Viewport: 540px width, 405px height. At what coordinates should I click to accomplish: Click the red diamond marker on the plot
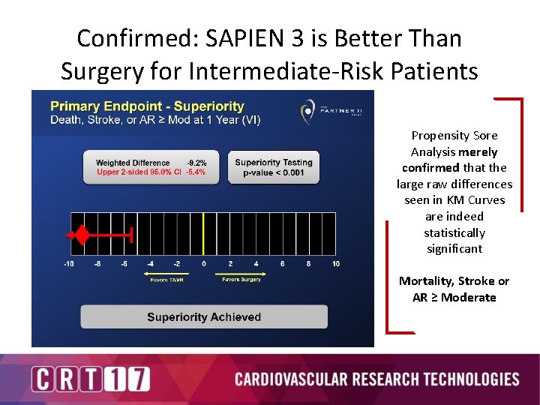[81, 235]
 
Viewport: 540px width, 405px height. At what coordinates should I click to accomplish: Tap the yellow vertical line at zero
[203, 235]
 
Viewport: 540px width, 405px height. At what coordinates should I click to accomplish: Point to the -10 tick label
[70, 264]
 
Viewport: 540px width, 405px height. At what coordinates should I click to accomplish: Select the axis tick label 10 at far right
[335, 264]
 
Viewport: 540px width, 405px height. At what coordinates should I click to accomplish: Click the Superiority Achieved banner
[204, 317]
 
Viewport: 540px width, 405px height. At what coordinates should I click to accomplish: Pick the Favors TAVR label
[167, 279]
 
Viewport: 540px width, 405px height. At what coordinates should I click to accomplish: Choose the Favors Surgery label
[241, 279]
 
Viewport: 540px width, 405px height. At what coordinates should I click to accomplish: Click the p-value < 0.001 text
[273, 172]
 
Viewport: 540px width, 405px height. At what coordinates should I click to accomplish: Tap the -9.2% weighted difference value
[196, 163]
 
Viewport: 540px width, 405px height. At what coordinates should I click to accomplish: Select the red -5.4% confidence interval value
[196, 172]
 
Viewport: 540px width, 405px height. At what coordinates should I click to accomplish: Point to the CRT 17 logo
[90, 379]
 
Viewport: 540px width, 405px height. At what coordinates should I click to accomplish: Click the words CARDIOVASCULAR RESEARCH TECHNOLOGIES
[376, 379]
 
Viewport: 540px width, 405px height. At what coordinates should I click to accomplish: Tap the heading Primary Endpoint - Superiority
[147, 106]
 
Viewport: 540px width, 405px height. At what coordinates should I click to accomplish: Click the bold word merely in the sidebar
[478, 151]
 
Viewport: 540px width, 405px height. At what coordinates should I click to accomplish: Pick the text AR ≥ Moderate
[454, 297]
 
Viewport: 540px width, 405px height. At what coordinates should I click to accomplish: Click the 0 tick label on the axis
[203, 264]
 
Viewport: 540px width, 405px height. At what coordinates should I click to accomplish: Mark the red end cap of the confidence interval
[132, 235]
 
